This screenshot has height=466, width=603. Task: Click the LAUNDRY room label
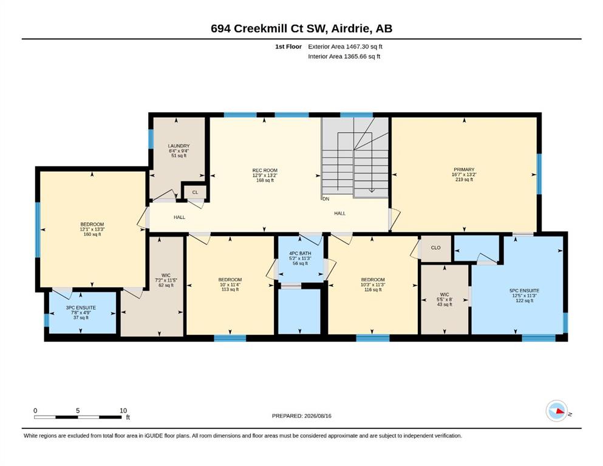(x=179, y=146)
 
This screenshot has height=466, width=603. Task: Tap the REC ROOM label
(x=265, y=170)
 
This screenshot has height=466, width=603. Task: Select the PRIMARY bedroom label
(x=464, y=169)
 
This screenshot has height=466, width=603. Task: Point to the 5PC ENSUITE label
(x=524, y=291)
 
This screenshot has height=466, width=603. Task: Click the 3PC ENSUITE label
(x=81, y=308)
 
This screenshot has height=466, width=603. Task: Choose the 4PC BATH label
(x=300, y=254)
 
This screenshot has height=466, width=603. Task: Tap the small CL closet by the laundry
(x=196, y=192)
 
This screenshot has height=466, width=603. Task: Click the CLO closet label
(x=436, y=248)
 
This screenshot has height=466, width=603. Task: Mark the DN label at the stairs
(x=326, y=199)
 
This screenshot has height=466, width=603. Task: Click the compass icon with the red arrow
(x=557, y=411)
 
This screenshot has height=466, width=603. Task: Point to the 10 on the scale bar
(x=123, y=411)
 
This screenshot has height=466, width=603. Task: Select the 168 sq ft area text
(x=265, y=180)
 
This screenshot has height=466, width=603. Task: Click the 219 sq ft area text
(x=464, y=180)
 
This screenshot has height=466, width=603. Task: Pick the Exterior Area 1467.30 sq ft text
(x=345, y=47)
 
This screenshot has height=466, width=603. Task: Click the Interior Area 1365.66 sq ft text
(x=344, y=56)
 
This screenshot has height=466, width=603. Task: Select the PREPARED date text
(x=301, y=416)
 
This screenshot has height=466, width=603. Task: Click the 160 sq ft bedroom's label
(x=92, y=225)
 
